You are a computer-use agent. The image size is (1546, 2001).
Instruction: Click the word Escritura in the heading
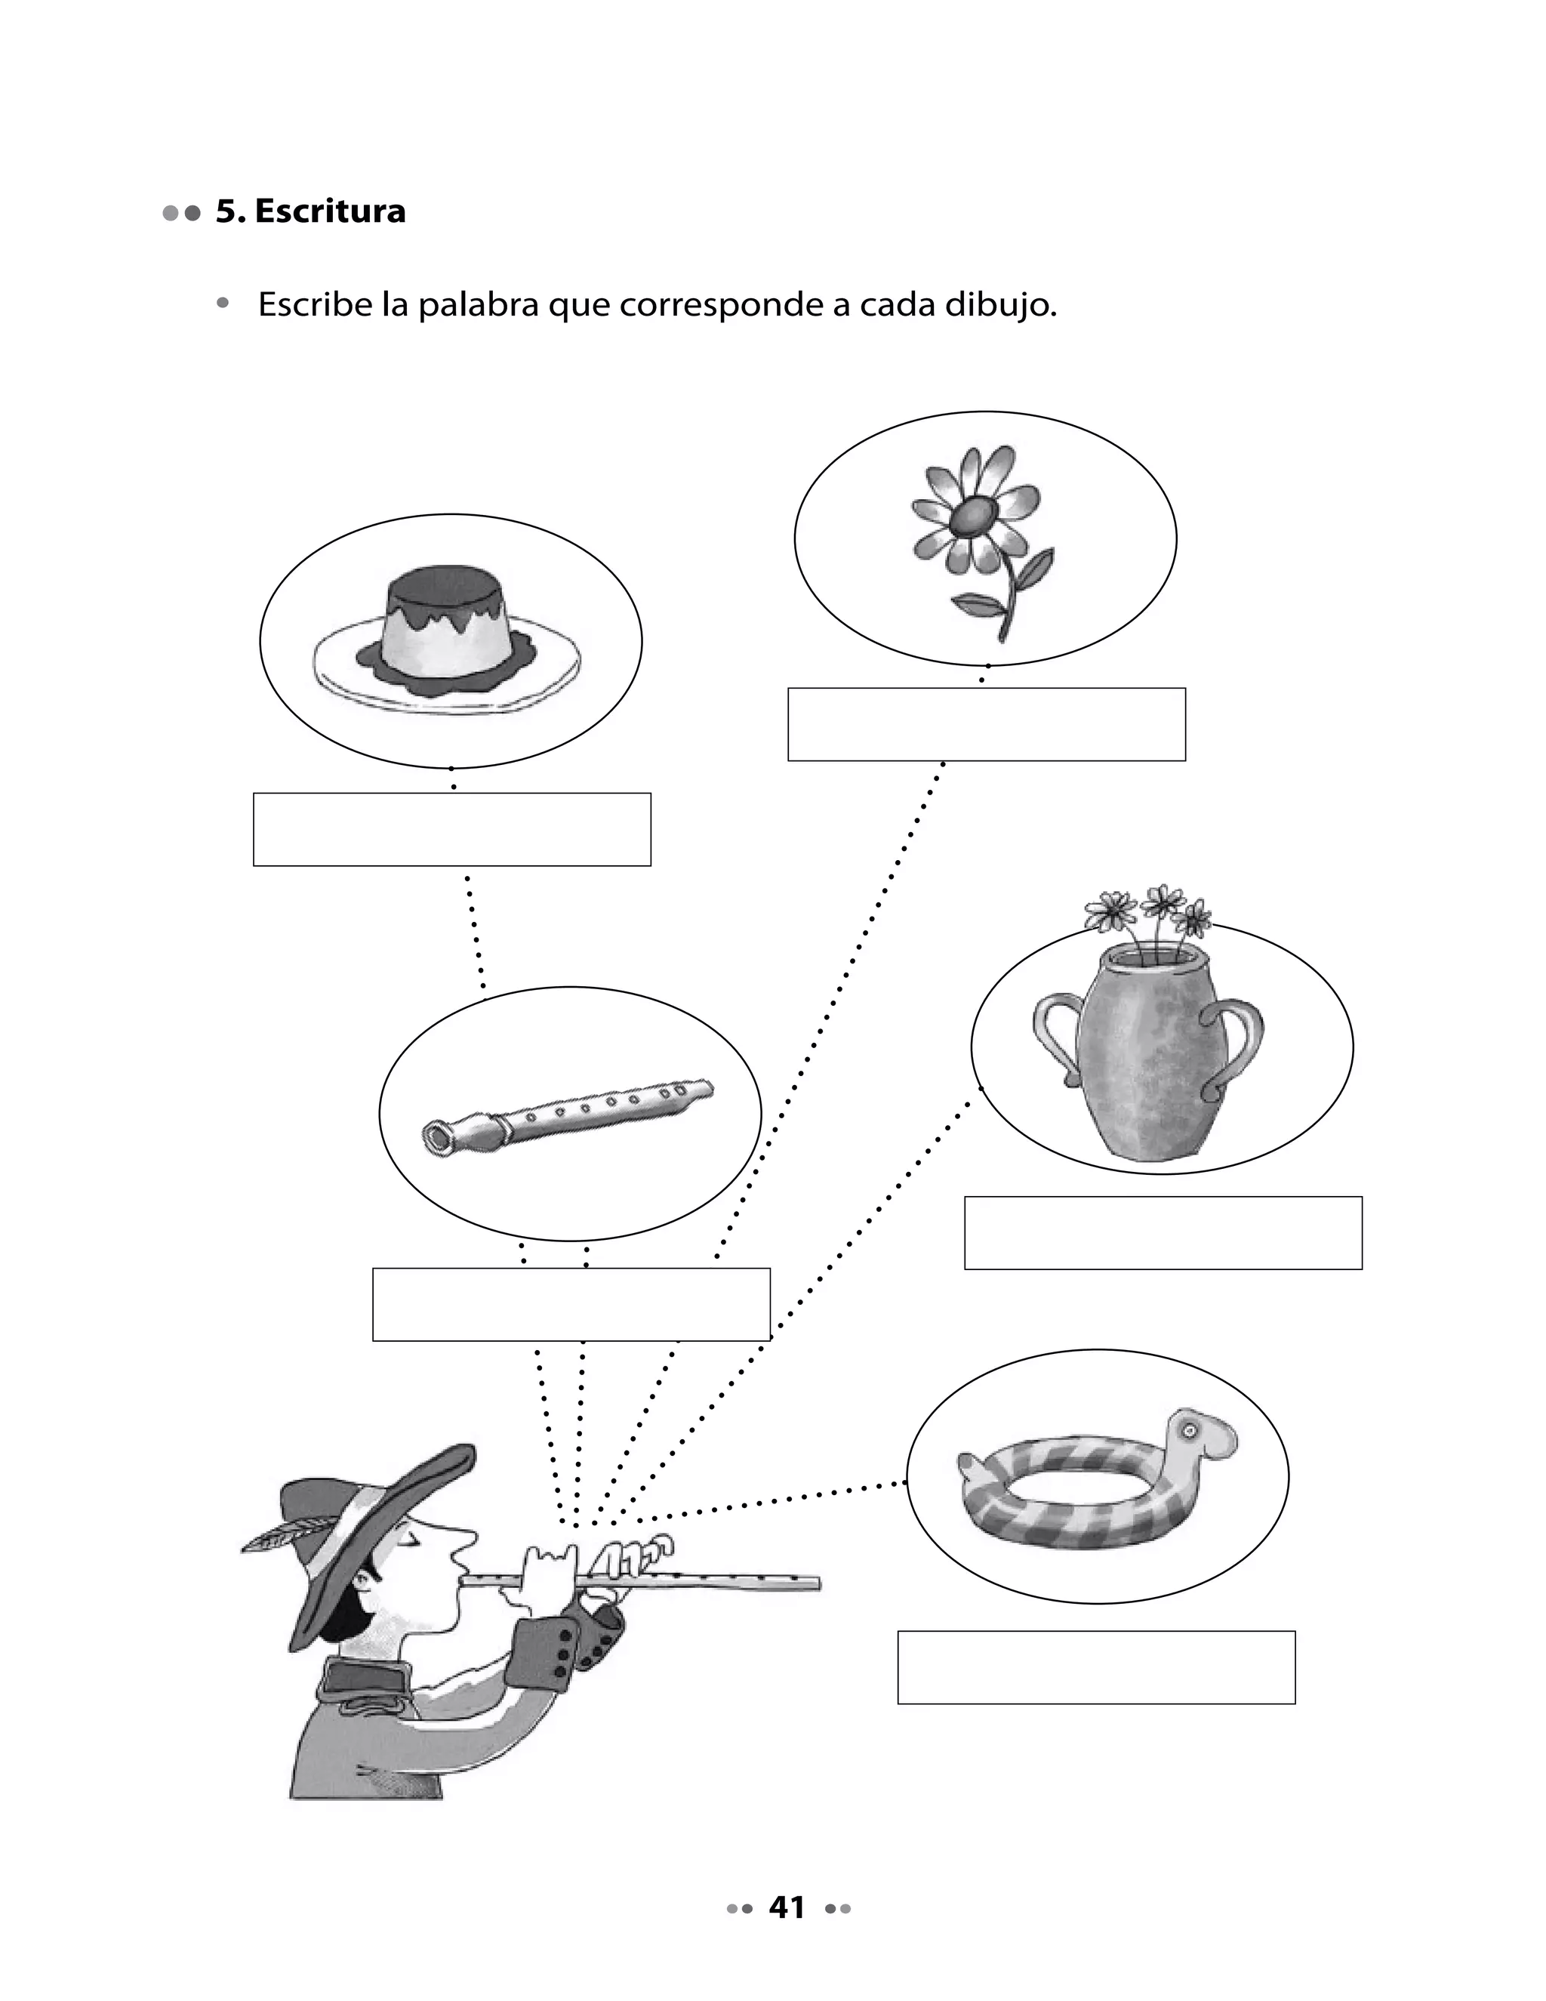coord(330,211)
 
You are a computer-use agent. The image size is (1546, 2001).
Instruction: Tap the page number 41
coord(787,1907)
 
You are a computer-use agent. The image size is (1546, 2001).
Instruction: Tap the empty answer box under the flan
coord(451,829)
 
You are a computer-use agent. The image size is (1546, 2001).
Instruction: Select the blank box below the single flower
coord(987,725)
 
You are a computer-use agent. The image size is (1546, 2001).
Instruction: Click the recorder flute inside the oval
coord(568,1113)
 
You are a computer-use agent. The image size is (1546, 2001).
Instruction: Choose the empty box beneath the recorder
coord(571,1305)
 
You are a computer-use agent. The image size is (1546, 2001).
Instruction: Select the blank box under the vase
coord(1163,1233)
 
